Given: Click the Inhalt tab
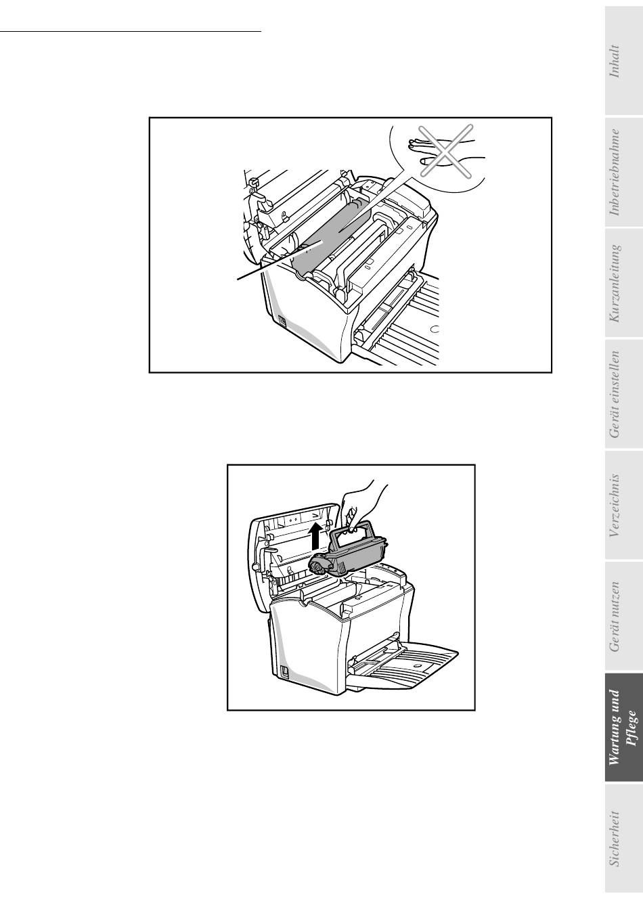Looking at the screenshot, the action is click(x=624, y=61).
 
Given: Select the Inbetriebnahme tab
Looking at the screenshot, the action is click(x=624, y=172).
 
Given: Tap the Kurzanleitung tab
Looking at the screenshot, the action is click(x=624, y=283).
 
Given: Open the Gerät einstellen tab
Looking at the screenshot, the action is click(x=624, y=394).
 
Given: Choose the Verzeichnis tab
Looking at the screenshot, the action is click(x=624, y=505).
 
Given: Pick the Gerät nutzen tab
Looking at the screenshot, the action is click(x=624, y=616).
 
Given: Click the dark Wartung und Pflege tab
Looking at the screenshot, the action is click(x=624, y=728).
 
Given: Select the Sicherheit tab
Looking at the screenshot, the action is click(x=624, y=839).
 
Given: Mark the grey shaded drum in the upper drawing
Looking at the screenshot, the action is click(x=330, y=240).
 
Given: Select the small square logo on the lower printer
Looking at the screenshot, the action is click(x=285, y=672).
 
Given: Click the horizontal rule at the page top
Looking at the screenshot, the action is click(x=130, y=31).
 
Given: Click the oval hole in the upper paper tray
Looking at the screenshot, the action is click(x=435, y=329).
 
